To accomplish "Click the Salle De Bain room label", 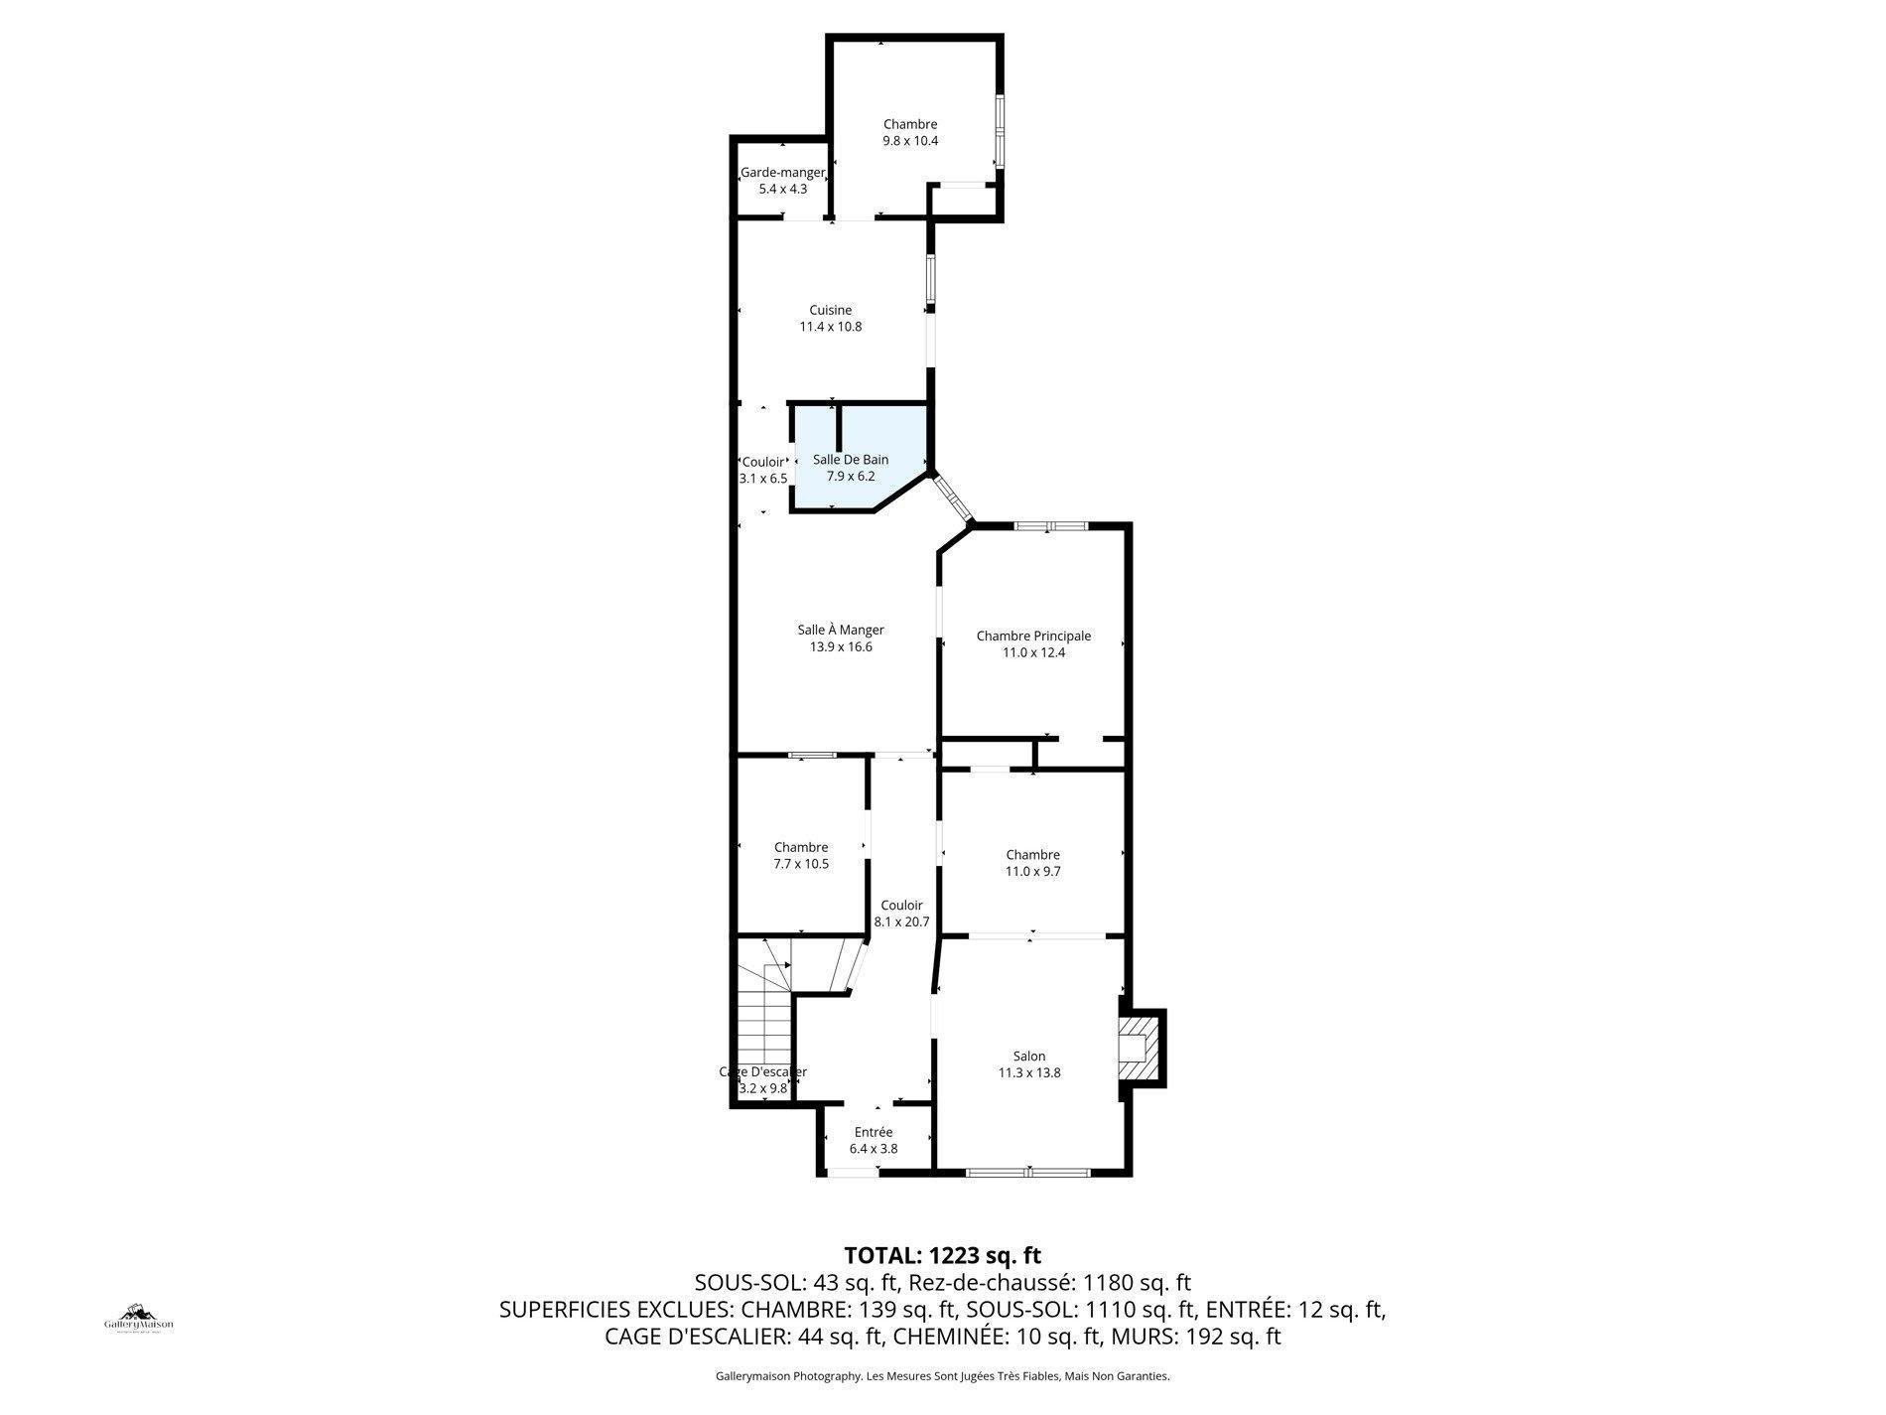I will [x=850, y=460].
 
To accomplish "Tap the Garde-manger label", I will [x=782, y=173].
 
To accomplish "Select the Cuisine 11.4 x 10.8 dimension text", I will [x=830, y=327].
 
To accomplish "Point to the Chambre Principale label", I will [x=1032, y=637].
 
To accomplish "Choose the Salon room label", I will [x=1028, y=1057].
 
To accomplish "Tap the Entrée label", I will [x=873, y=1132].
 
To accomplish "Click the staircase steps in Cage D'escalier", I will [x=764, y=1033].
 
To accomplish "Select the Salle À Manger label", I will [x=840, y=630].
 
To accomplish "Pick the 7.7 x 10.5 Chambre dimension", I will [x=800, y=864].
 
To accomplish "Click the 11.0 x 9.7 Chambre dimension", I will [x=1032, y=872].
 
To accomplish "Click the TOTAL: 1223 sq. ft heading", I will [x=942, y=1255].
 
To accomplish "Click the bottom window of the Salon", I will [x=1027, y=1173].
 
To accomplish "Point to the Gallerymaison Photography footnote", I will [x=942, y=1376].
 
